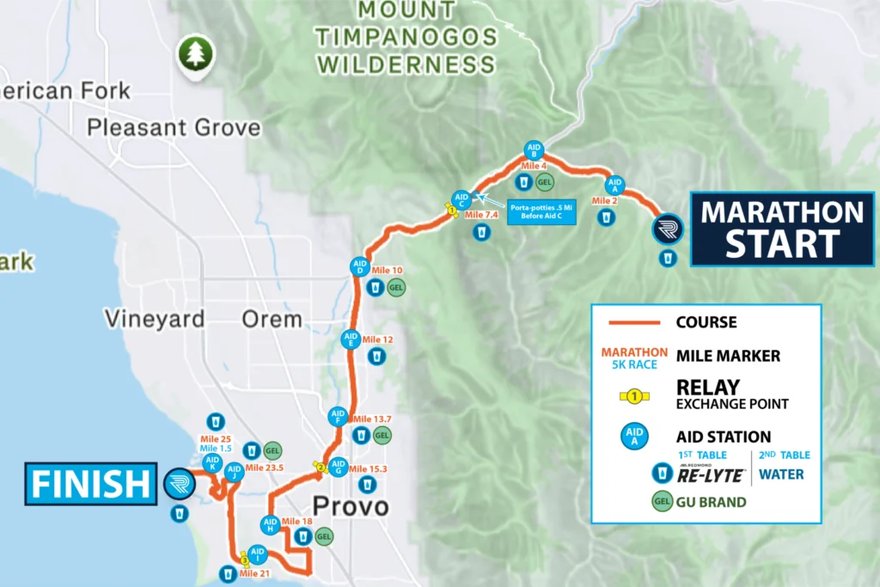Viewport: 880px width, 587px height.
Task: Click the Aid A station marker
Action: [615, 184]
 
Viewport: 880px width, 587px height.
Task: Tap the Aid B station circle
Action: [534, 150]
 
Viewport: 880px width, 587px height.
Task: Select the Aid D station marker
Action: [360, 267]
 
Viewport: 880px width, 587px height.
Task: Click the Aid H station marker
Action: [270, 525]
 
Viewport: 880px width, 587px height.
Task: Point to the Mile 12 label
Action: [377, 339]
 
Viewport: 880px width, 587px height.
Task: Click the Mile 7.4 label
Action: [482, 214]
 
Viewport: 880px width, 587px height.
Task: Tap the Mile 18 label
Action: [296, 522]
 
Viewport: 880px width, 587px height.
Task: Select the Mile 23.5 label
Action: [265, 468]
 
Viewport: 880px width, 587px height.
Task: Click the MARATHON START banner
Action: [782, 229]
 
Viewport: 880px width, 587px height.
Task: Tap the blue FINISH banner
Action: [90, 484]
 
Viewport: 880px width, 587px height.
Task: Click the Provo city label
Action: [351, 506]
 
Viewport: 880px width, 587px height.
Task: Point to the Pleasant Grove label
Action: [174, 129]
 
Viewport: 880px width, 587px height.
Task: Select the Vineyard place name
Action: [155, 320]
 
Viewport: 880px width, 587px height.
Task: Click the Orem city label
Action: [271, 320]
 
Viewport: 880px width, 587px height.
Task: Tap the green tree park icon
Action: [195, 53]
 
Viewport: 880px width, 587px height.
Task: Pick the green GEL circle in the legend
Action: [662, 500]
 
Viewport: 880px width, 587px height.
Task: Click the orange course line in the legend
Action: [632, 322]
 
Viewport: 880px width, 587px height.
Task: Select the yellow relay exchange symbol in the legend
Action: [633, 396]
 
